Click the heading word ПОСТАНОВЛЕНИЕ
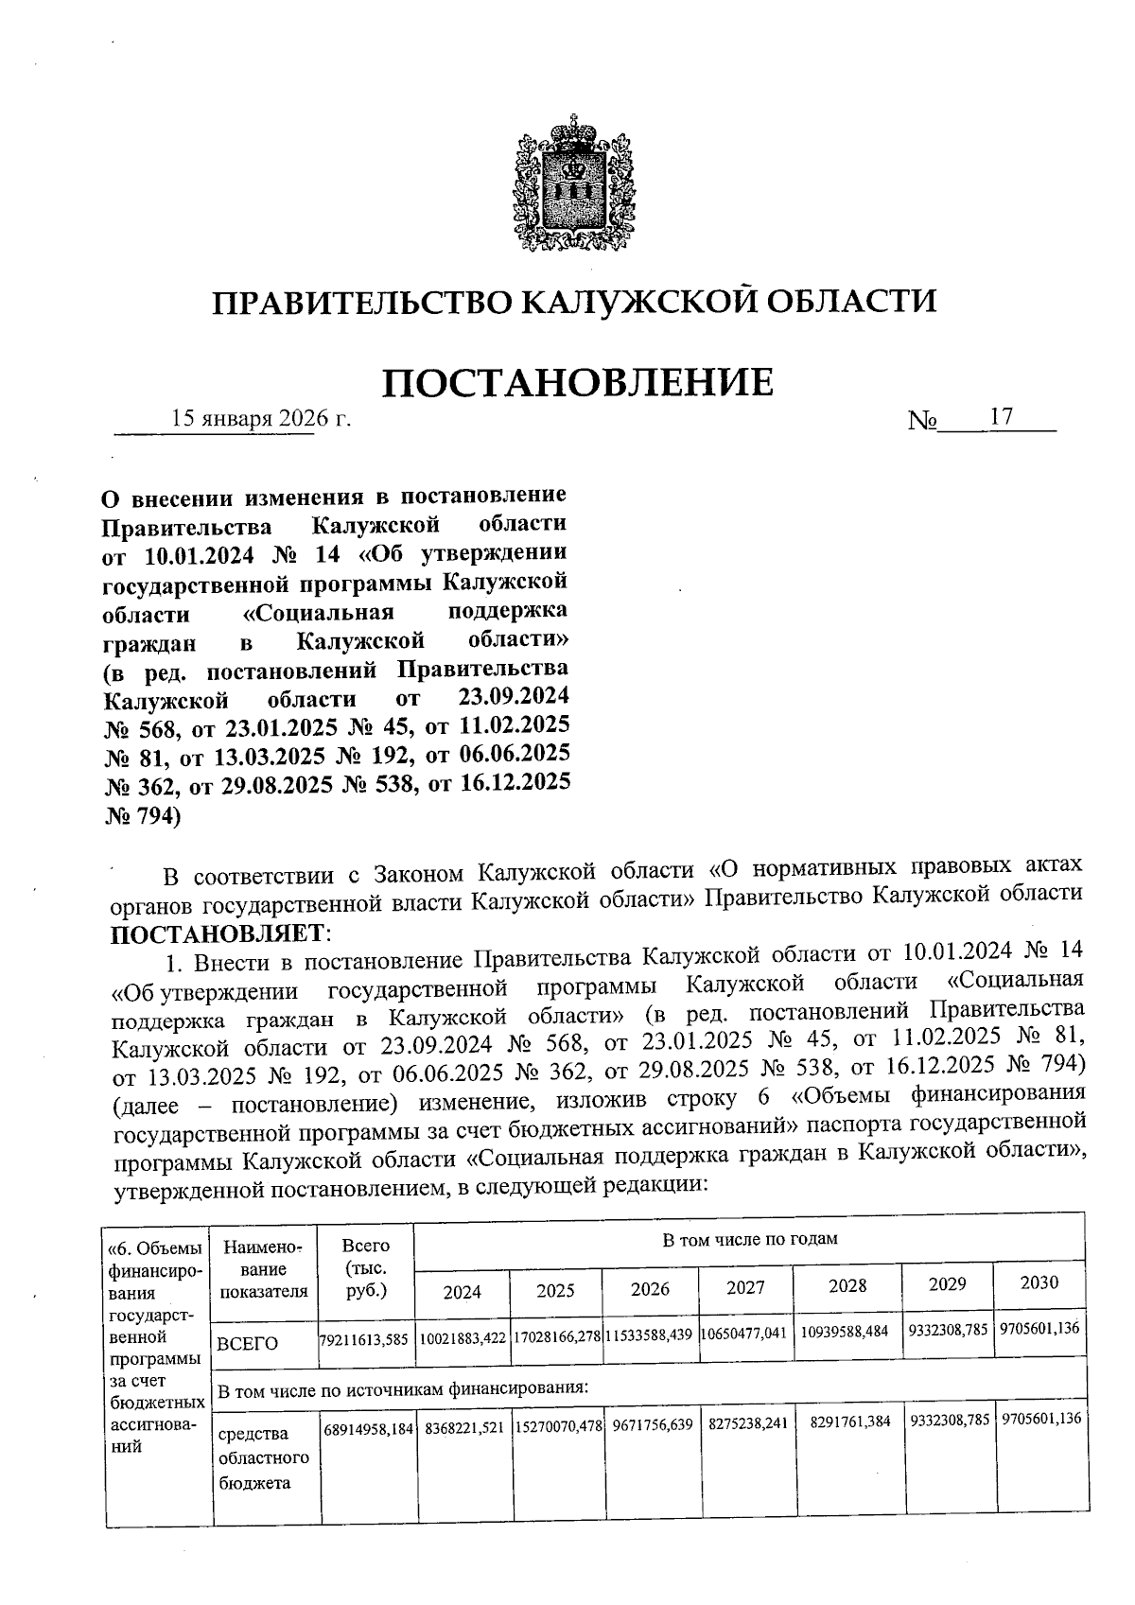[578, 382]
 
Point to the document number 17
[1002, 417]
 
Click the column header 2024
[463, 1291]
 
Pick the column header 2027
[745, 1288]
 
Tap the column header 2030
[1039, 1283]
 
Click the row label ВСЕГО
[247, 1343]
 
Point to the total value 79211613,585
[365, 1340]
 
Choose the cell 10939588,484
[845, 1331]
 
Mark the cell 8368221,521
[463, 1424]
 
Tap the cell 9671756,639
[652, 1422]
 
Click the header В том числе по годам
[749, 1239]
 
